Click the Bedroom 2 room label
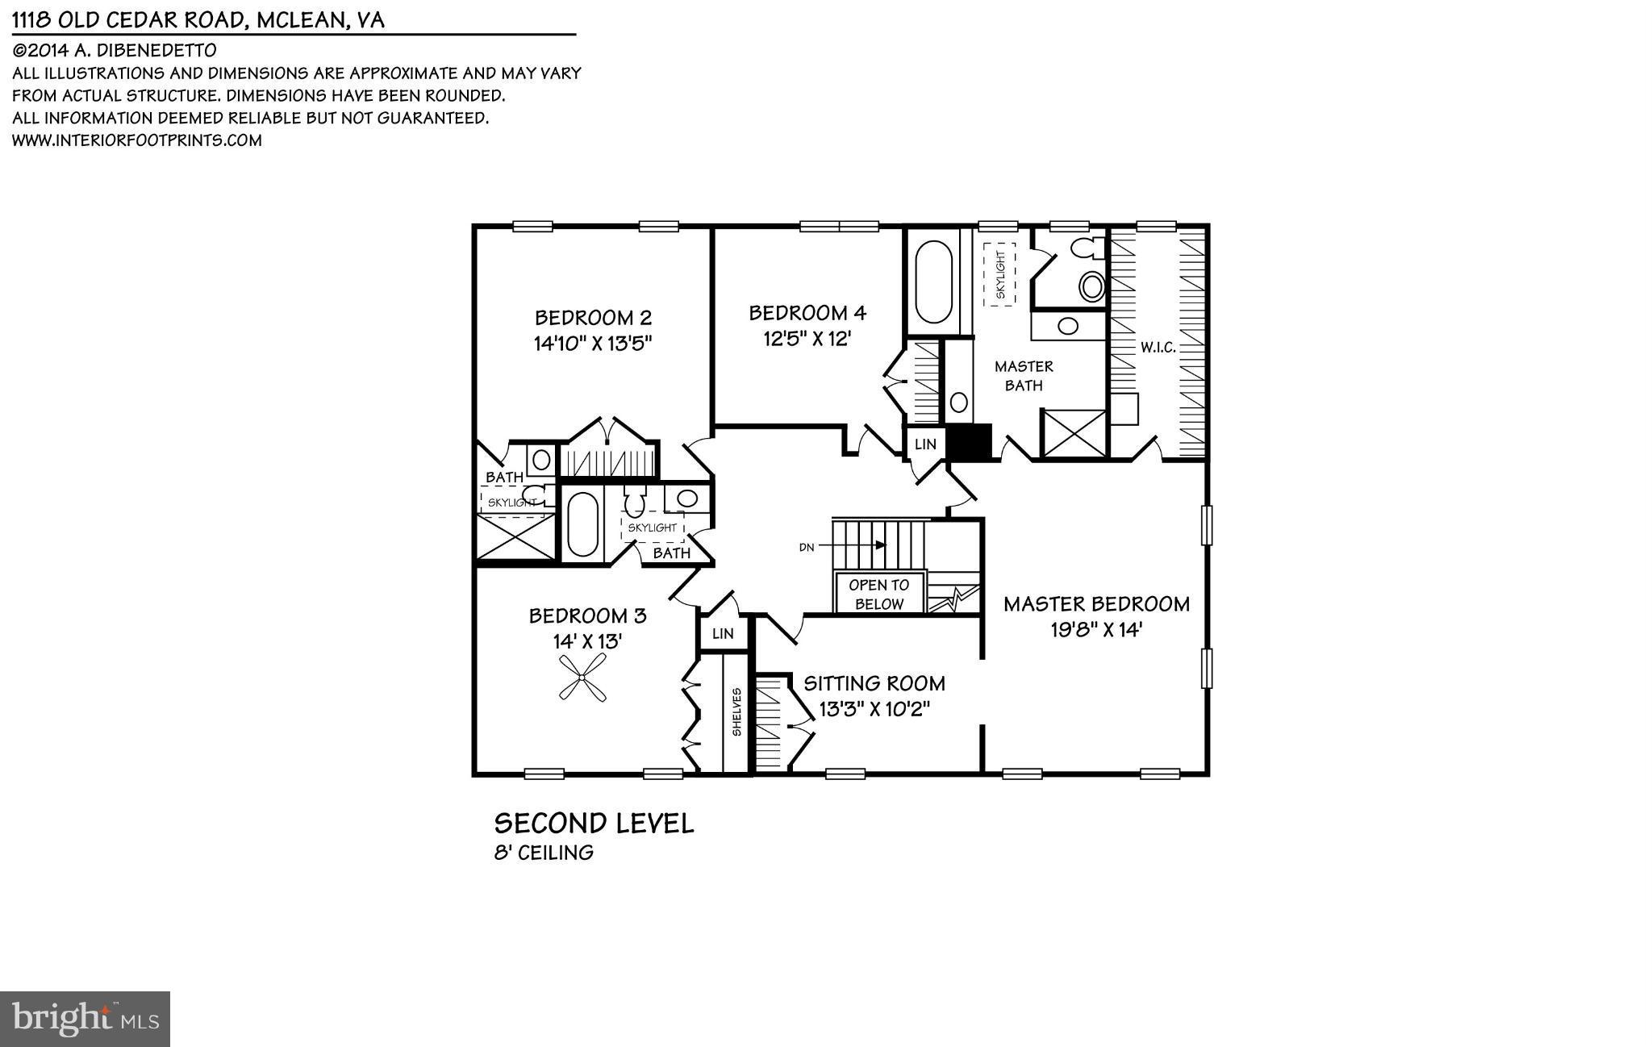pyautogui.click(x=593, y=317)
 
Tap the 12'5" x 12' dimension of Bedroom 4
pyautogui.click(x=807, y=339)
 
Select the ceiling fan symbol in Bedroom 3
pyautogui.click(x=583, y=677)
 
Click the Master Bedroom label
pyautogui.click(x=1096, y=604)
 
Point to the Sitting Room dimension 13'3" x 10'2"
pyautogui.click(x=874, y=710)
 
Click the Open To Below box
pyautogui.click(x=878, y=594)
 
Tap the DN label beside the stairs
pyautogui.click(x=806, y=547)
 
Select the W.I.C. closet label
pyautogui.click(x=1158, y=348)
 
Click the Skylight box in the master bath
pyautogui.click(x=999, y=274)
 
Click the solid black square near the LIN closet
pyautogui.click(x=967, y=443)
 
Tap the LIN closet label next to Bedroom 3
pyautogui.click(x=723, y=634)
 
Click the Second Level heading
pyautogui.click(x=594, y=824)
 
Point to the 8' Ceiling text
pyautogui.click(x=544, y=853)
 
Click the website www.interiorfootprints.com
pyautogui.click(x=137, y=140)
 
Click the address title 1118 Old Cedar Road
pyautogui.click(x=198, y=19)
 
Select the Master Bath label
pyautogui.click(x=1024, y=376)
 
